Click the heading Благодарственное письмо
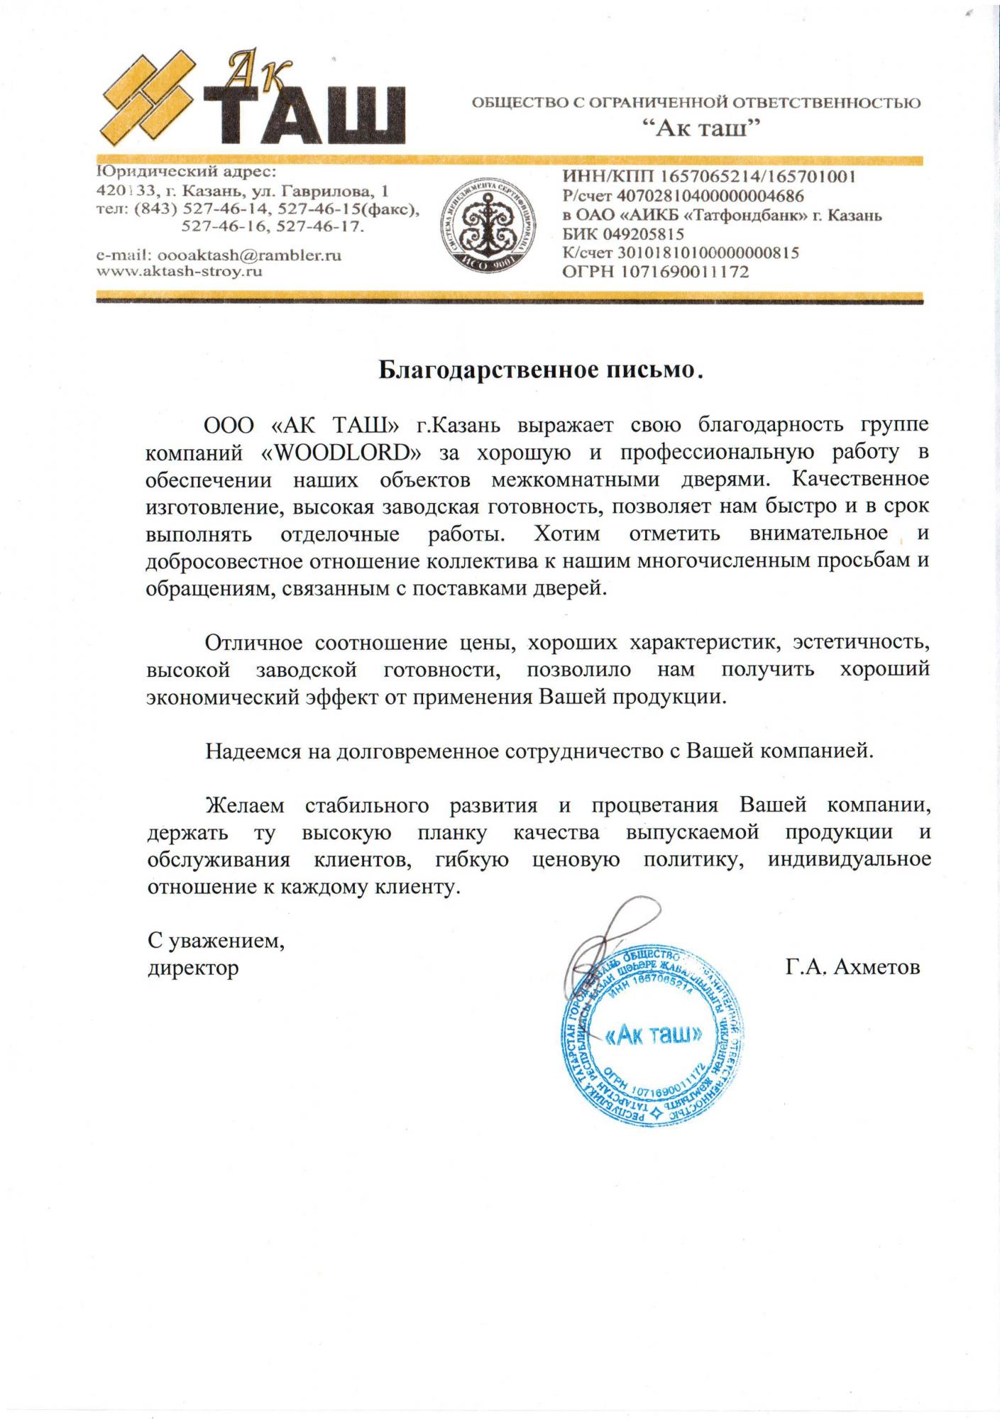point(539,370)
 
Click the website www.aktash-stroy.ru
point(180,271)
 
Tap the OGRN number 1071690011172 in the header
point(685,271)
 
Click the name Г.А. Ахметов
point(852,966)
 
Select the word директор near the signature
point(193,968)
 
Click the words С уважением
point(216,941)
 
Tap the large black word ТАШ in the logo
point(305,115)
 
